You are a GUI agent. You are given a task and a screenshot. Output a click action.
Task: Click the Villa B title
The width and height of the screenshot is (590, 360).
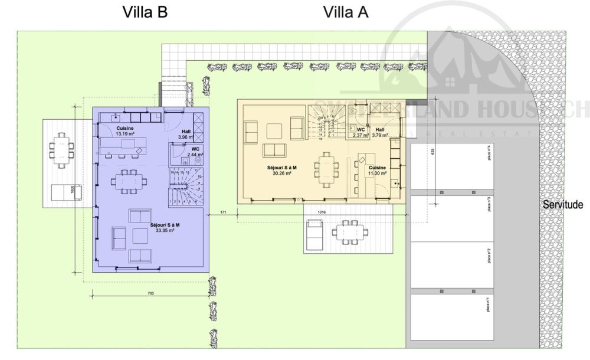click(145, 12)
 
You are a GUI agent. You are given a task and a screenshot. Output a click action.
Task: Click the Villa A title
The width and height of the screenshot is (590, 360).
click(346, 12)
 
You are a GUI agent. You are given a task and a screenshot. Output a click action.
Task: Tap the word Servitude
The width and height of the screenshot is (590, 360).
click(563, 205)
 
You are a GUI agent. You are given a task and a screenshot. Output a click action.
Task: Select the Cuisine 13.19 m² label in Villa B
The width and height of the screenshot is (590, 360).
click(124, 131)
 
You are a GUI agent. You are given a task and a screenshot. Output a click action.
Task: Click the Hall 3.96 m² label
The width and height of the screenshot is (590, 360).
click(186, 135)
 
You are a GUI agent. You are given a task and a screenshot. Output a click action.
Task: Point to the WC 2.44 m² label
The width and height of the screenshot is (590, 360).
click(194, 152)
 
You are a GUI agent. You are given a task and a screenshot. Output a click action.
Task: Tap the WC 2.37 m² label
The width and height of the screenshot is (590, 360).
click(360, 132)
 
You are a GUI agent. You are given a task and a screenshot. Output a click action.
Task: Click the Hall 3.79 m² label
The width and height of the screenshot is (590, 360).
click(380, 132)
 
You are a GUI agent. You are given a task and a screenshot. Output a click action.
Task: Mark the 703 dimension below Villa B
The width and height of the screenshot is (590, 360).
click(145, 293)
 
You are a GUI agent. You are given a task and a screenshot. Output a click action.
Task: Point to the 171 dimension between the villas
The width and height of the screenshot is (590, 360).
click(223, 211)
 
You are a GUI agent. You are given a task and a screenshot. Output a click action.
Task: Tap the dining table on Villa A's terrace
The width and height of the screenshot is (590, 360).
click(348, 231)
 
